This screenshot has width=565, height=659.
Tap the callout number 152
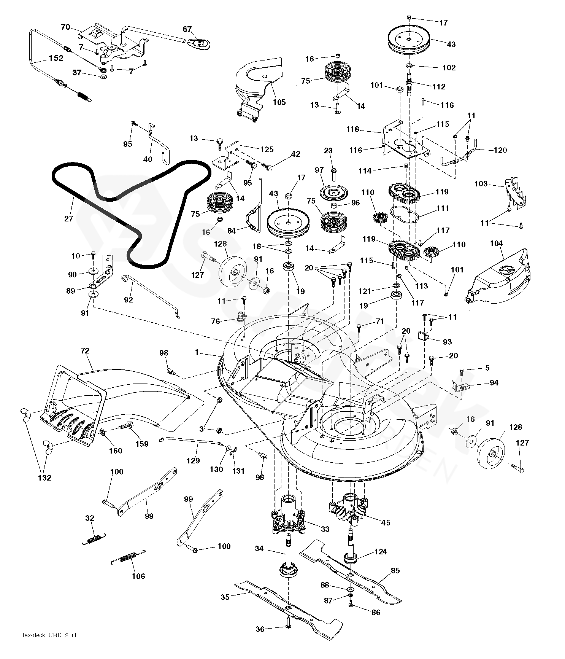[55, 58]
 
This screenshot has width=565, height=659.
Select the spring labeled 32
[94, 539]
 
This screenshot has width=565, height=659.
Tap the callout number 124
[381, 551]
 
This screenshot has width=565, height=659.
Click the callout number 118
[352, 129]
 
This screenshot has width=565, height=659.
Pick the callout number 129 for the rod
[193, 460]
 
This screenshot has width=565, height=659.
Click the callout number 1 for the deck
[197, 353]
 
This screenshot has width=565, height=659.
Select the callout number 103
[481, 184]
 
